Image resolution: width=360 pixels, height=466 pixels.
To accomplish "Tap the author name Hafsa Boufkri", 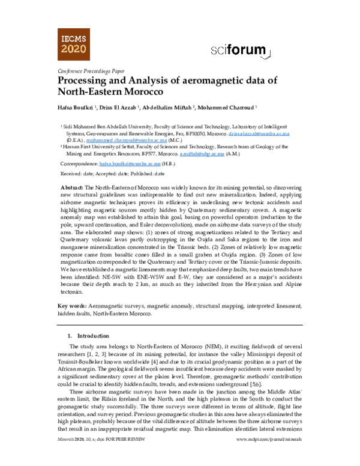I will tap(79, 107).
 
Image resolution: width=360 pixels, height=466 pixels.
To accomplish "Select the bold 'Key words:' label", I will tap(72, 306).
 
